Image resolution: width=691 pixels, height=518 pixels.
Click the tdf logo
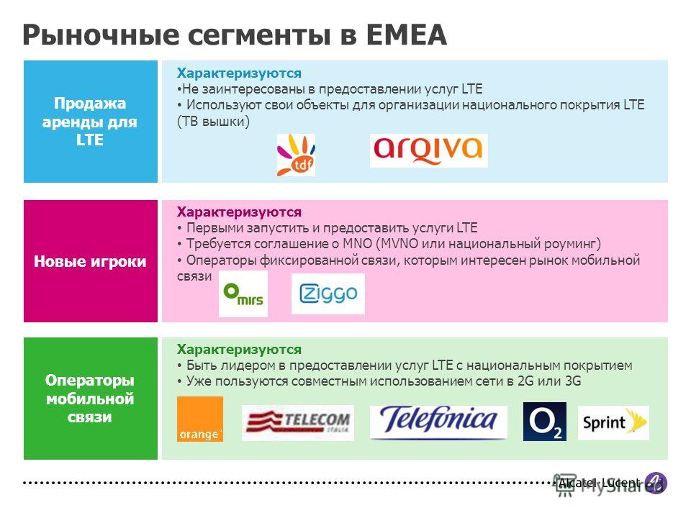click(x=296, y=155)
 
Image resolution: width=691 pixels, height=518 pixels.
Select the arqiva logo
click(x=428, y=150)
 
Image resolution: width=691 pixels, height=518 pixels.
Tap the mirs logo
click(x=243, y=294)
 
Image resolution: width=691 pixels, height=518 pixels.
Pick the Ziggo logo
click(x=328, y=294)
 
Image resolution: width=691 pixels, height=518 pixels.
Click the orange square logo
click(x=199, y=419)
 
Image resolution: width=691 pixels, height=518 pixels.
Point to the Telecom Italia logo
click(x=297, y=423)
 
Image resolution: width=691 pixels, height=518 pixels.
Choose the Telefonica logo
click(x=438, y=422)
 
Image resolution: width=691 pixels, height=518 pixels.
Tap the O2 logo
click(x=545, y=422)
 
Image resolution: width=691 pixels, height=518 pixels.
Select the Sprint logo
click(x=613, y=423)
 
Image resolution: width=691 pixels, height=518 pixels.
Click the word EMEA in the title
click(x=406, y=35)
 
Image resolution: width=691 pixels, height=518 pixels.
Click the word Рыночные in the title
click(x=101, y=36)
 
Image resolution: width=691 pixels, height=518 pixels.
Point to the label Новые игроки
click(x=90, y=261)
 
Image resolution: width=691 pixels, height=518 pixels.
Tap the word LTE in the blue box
click(x=89, y=140)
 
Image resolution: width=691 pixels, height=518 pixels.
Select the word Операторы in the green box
click(x=89, y=380)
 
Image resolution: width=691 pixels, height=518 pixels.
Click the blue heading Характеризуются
click(x=239, y=73)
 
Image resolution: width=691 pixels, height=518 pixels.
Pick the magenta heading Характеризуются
click(x=239, y=212)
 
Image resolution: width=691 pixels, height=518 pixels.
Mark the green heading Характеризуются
click(x=239, y=350)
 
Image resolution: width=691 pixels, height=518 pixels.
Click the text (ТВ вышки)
click(x=213, y=121)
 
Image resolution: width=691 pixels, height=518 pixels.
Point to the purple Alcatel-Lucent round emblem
click(x=656, y=483)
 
